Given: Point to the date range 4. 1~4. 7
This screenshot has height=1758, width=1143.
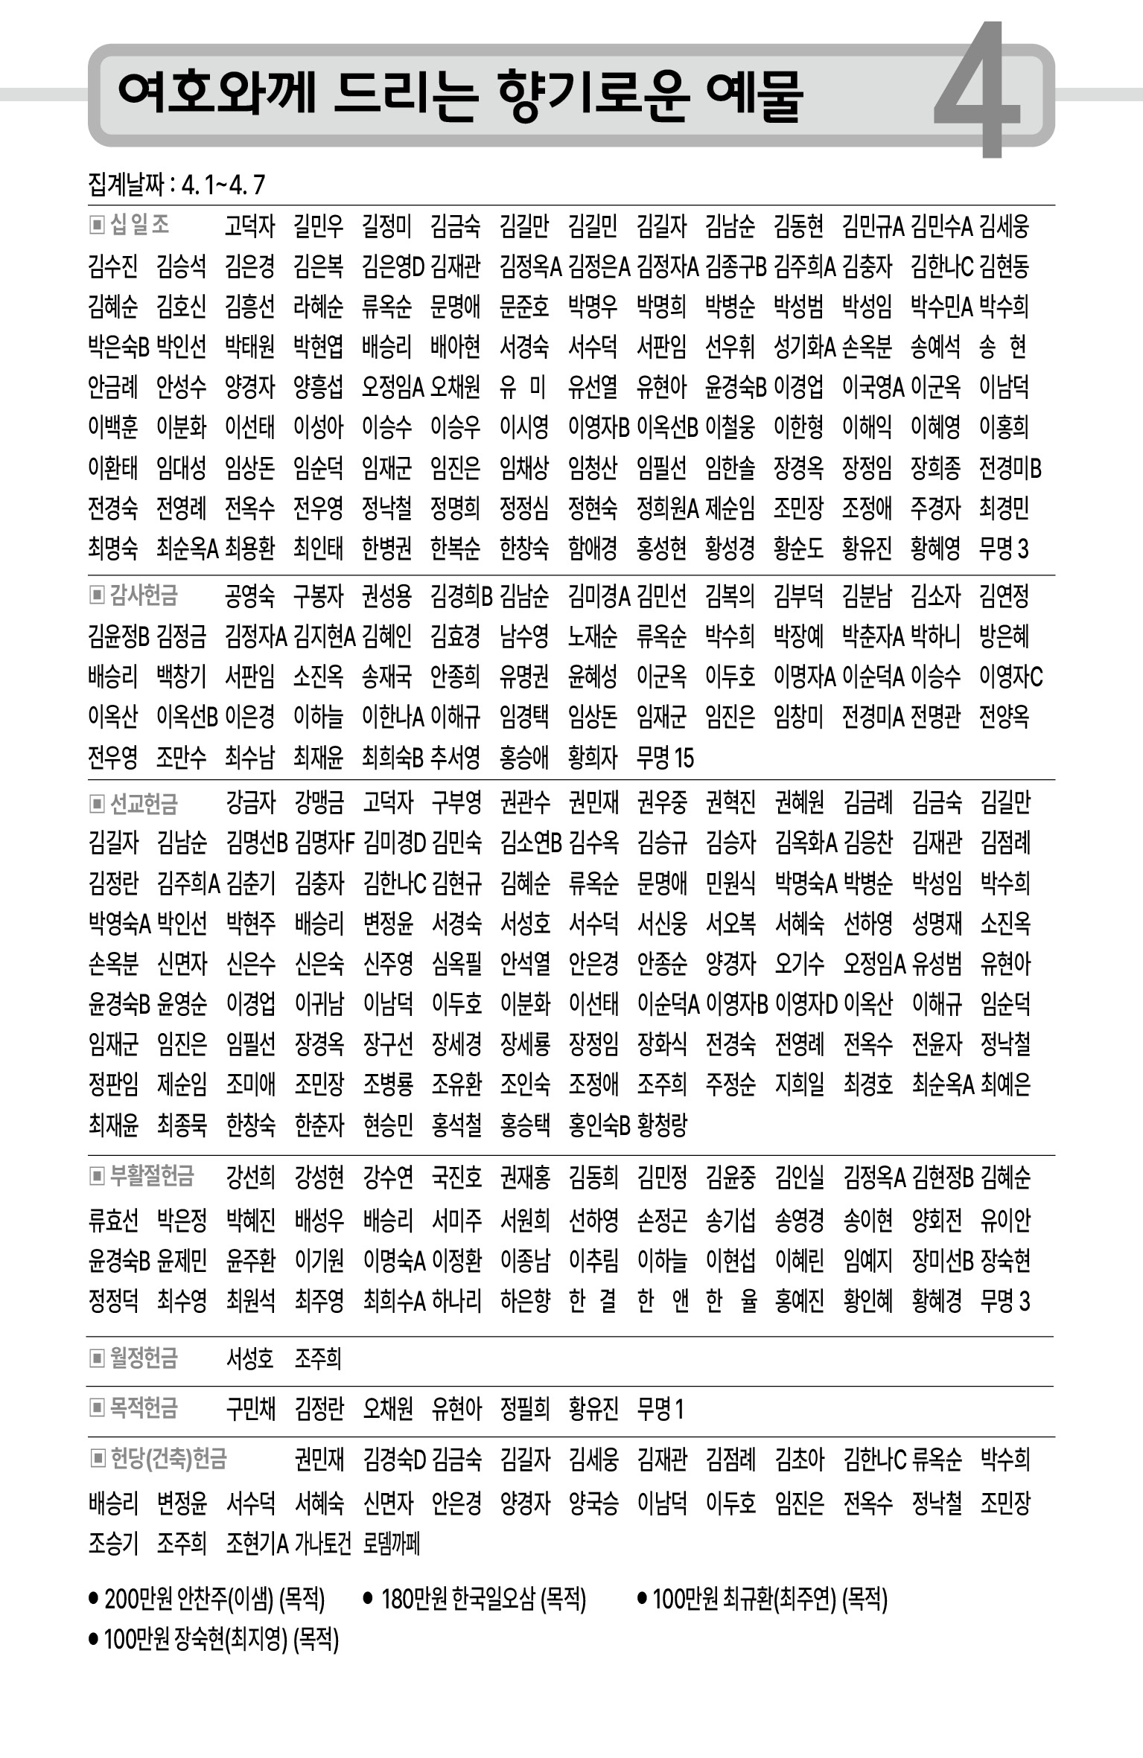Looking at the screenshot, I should [x=223, y=185].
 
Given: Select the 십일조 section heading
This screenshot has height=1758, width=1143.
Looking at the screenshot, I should [x=139, y=225].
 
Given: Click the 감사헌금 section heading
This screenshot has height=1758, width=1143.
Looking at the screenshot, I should [x=144, y=595].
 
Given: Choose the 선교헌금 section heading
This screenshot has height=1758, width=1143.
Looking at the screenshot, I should [x=144, y=803].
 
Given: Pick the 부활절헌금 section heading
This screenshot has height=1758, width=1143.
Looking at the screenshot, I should [x=152, y=1177].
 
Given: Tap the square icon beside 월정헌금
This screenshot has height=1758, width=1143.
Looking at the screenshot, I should [x=96, y=1358].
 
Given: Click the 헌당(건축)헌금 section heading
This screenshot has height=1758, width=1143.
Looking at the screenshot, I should [x=168, y=1459].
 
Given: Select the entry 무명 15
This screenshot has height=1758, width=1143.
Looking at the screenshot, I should [x=665, y=758].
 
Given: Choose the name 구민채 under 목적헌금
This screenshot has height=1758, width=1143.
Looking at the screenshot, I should [x=251, y=1409].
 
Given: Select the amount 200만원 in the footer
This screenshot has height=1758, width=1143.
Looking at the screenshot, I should [x=139, y=1599].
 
